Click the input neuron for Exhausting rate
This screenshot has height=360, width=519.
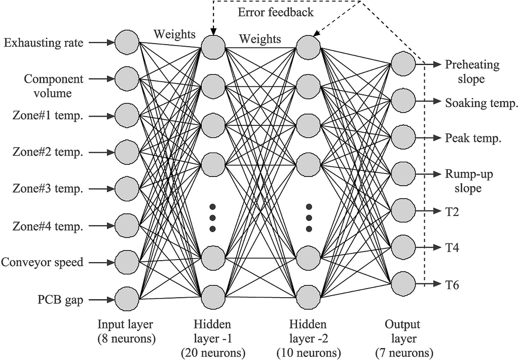point(127,43)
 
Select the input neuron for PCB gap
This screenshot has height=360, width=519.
point(127,299)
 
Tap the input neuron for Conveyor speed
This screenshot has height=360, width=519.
point(127,262)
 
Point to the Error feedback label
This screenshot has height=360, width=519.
point(276,12)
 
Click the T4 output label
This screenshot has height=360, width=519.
point(452,247)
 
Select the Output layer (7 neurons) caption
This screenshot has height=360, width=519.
point(403,338)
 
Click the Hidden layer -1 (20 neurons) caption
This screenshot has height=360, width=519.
point(213,338)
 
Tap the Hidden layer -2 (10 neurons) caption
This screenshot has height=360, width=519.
point(308,338)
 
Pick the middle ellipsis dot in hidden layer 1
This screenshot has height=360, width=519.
point(213,218)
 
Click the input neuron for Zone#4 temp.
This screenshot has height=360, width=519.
point(127,226)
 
